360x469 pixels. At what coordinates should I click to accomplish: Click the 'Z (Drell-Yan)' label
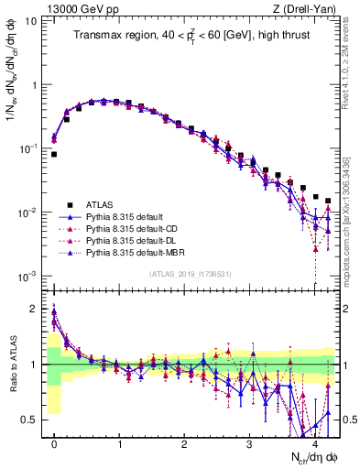[307, 9]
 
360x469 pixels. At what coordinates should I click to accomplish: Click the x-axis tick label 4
[315, 443]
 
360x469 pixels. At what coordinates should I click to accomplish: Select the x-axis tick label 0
[54, 443]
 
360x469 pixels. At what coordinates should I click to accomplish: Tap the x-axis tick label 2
[185, 443]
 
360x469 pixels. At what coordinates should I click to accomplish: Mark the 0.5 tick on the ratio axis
[33, 420]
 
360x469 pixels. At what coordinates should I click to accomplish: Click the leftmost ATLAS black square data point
[54, 155]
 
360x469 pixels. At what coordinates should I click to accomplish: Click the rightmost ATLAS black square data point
[328, 201]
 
